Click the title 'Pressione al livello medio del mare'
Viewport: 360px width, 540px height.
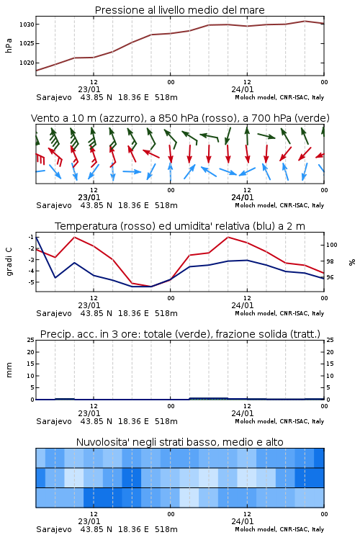(179, 10)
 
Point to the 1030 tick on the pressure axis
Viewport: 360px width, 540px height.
(27, 24)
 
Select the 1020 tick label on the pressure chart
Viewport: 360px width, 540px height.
(27, 63)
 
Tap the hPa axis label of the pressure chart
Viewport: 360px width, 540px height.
(9, 45)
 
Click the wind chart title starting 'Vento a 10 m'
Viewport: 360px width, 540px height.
(180, 118)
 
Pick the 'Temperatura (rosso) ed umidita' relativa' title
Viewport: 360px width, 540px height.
(180, 226)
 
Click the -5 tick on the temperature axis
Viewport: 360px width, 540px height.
(31, 282)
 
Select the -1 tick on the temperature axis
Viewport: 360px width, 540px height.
(31, 237)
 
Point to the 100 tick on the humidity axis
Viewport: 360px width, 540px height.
(332, 245)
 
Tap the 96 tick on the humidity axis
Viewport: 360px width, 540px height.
(330, 277)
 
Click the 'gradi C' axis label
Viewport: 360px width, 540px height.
(9, 261)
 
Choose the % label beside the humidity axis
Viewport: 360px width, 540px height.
(352, 262)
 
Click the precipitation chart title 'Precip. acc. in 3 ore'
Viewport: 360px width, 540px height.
(180, 334)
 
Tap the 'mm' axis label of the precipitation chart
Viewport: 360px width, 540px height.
(9, 370)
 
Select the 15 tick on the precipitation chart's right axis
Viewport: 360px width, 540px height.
(330, 364)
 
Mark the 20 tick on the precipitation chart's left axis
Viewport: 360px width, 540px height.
(31, 352)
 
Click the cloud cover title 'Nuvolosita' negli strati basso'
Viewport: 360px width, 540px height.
(180, 442)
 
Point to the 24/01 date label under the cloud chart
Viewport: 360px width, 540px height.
(243, 521)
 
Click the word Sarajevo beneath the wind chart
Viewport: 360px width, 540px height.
(54, 206)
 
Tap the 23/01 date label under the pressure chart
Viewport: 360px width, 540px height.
(89, 89)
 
